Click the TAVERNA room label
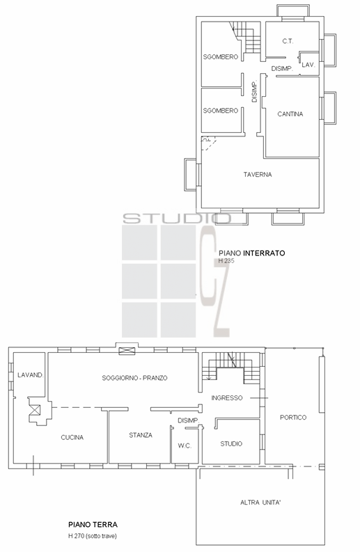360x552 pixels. [x=258, y=174]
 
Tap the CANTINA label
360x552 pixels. [x=290, y=113]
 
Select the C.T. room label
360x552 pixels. [x=288, y=41]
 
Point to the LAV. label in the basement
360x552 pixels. [x=308, y=65]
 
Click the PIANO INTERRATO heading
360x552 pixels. [x=252, y=253]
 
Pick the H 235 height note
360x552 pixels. [x=226, y=261]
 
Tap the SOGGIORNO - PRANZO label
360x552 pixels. [x=134, y=378]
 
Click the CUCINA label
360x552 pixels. [x=72, y=437]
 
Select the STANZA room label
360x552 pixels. [x=141, y=435]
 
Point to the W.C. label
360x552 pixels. [x=185, y=445]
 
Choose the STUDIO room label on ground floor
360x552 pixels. [x=231, y=443]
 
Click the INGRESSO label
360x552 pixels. [x=227, y=397]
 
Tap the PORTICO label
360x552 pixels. [x=293, y=417]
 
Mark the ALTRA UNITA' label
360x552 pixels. [x=260, y=503]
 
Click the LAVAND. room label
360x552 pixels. [x=31, y=375]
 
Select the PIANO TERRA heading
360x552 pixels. [x=93, y=525]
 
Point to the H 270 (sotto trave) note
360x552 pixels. [x=93, y=536]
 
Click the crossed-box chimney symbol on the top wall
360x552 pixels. [x=127, y=351]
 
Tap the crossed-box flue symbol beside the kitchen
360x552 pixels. [x=36, y=410]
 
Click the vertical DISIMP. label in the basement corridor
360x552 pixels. [x=255, y=91]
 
